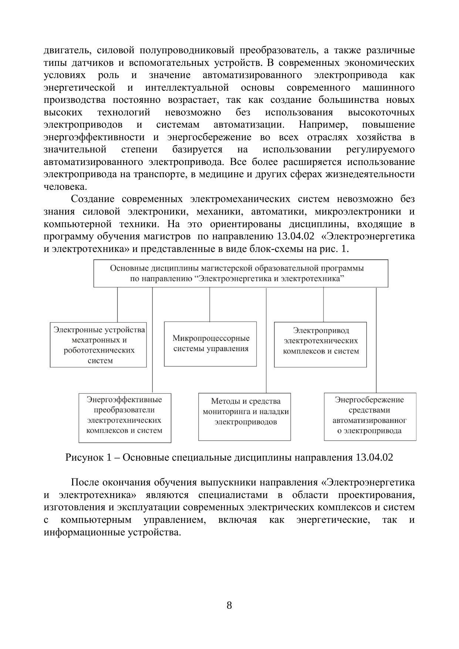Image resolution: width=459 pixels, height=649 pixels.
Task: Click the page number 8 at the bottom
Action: click(x=229, y=605)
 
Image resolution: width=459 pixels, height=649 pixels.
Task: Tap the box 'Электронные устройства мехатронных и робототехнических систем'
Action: click(x=98, y=344)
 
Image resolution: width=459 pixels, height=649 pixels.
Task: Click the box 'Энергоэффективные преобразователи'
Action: click(x=125, y=418)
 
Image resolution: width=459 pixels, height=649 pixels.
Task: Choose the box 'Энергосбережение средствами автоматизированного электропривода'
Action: click(x=370, y=417)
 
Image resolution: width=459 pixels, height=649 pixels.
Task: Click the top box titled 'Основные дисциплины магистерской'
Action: click(x=240, y=273)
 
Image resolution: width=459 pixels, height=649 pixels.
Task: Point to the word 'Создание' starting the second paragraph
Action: click(x=92, y=199)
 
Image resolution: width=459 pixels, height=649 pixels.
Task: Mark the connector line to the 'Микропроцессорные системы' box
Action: click(x=210, y=304)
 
